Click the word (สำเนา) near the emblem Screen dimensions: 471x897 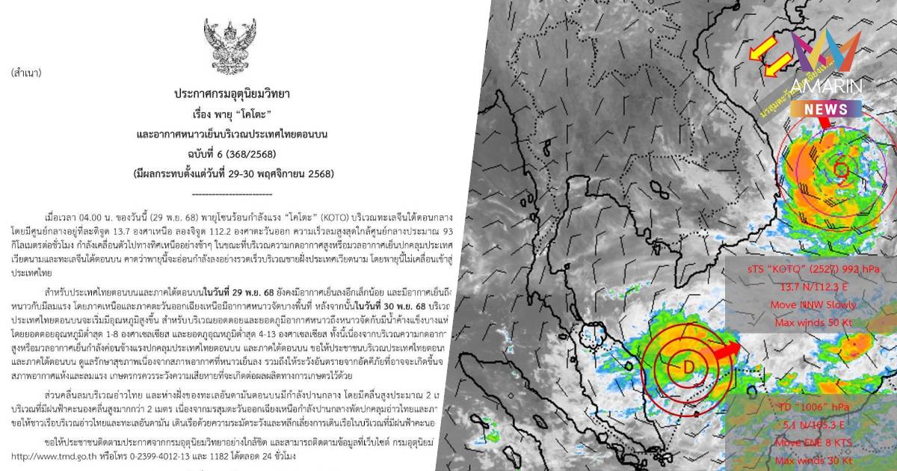(26, 73)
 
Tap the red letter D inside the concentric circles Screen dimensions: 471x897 (688, 366)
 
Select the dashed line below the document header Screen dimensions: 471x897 (232, 193)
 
